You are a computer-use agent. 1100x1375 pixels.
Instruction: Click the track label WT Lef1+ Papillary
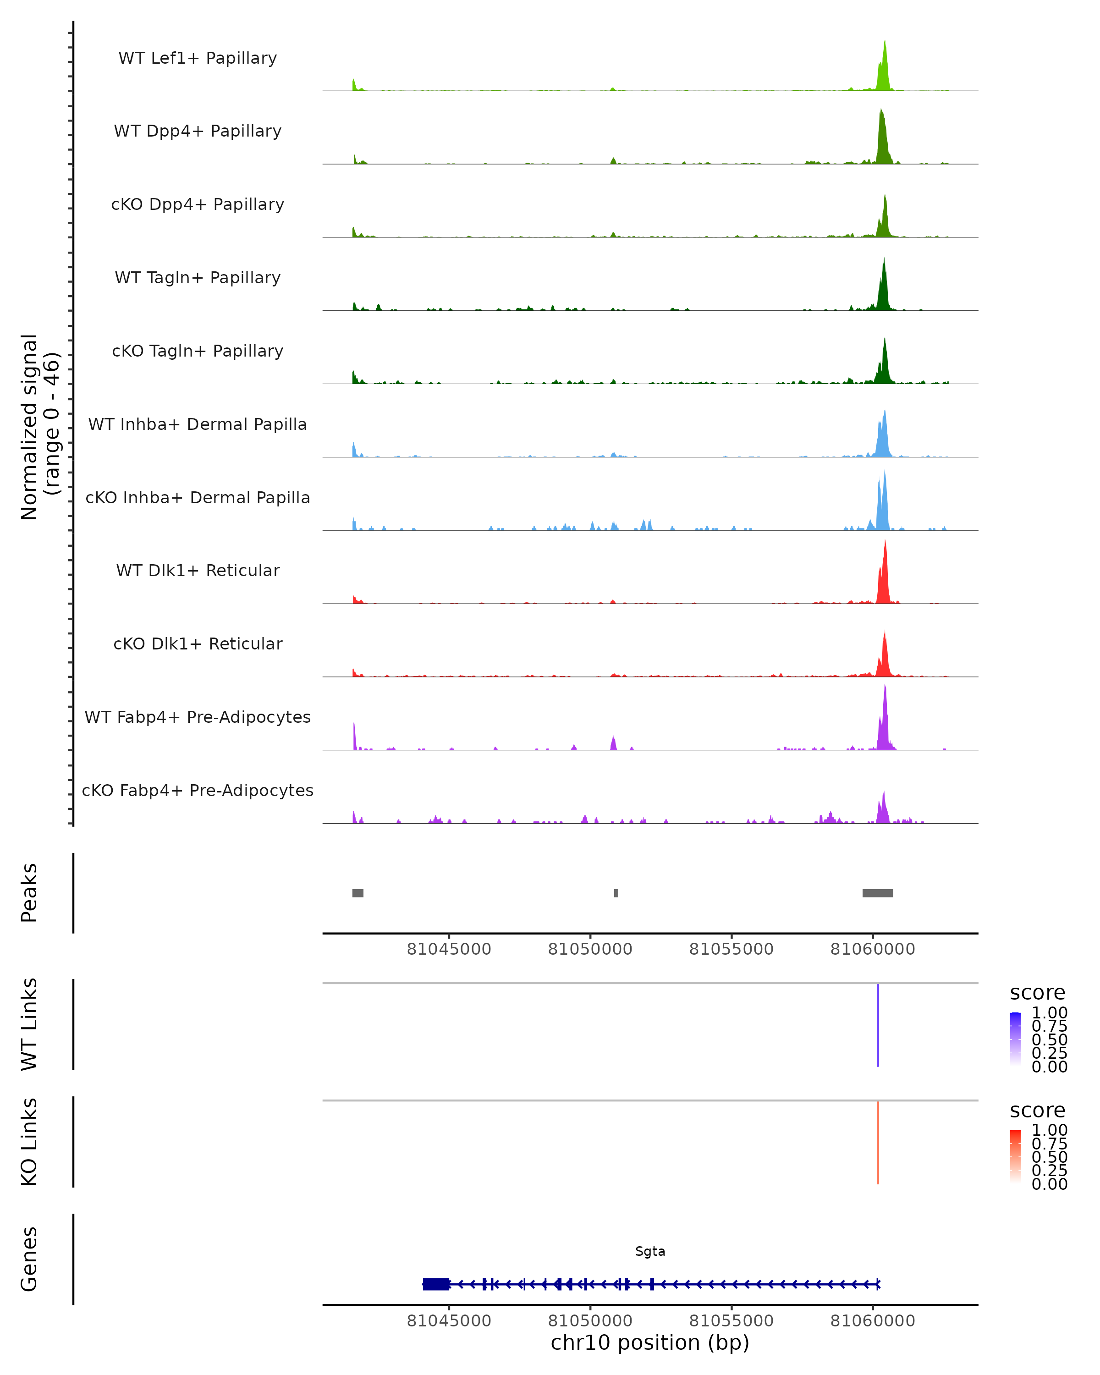pos(198,58)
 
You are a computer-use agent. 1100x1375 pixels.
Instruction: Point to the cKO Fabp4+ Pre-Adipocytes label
pos(198,790)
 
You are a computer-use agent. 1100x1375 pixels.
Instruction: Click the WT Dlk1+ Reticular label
pos(198,570)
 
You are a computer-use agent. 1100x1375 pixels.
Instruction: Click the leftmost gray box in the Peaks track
pos(358,893)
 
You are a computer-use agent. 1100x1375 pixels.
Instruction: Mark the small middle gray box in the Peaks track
pos(616,893)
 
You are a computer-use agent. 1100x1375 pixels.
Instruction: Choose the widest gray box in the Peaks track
pos(877,893)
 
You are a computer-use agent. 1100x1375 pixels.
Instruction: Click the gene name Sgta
pos(650,1251)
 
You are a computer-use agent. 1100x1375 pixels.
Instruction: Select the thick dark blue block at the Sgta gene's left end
pos(435,1284)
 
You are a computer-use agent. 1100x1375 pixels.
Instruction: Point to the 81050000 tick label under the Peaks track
pos(590,949)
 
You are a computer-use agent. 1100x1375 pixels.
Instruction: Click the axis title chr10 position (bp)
pos(650,1342)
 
